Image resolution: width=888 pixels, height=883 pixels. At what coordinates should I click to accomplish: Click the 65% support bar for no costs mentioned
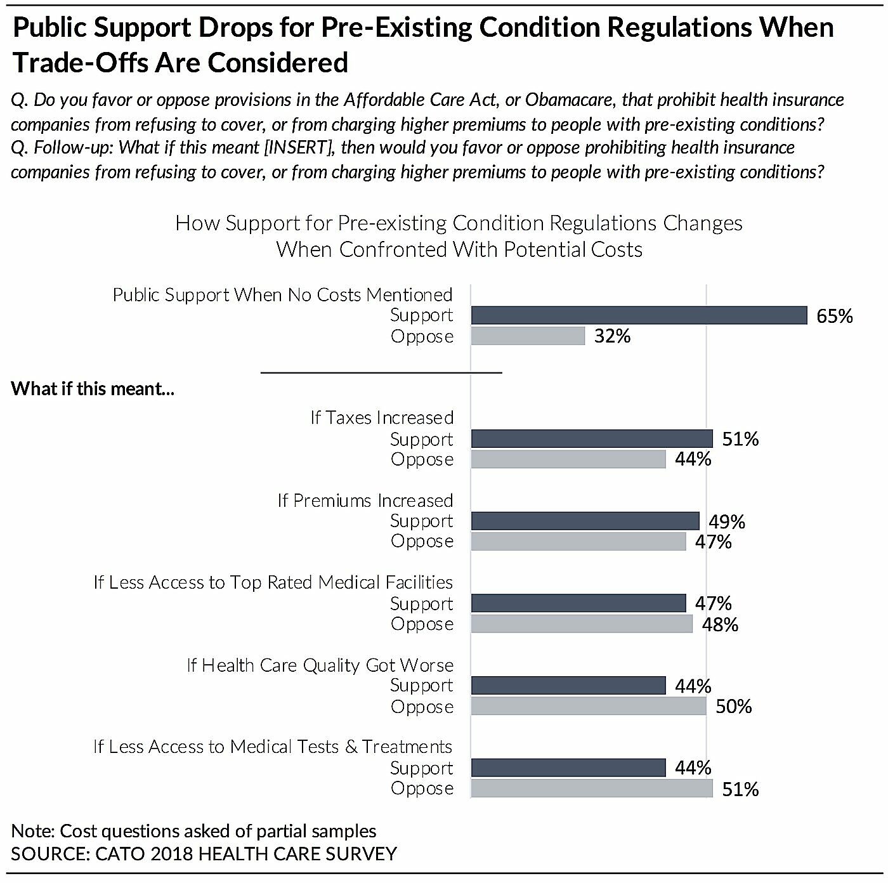(639, 315)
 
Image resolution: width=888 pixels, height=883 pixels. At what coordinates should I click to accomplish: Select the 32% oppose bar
(528, 336)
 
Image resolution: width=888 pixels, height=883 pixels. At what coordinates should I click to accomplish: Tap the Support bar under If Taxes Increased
(592, 439)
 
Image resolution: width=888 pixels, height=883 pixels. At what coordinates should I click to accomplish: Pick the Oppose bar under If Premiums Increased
(578, 542)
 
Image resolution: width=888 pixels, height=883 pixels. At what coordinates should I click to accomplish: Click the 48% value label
(720, 625)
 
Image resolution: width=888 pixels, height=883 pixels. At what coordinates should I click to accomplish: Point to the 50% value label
(733, 707)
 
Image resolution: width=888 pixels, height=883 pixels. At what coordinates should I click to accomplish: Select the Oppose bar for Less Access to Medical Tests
(592, 788)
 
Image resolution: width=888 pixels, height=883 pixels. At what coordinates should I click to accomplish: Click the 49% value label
(727, 521)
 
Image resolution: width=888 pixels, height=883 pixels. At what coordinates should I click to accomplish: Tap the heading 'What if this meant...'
(93, 388)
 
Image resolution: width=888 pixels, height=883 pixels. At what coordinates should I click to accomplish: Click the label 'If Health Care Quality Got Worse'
(320, 665)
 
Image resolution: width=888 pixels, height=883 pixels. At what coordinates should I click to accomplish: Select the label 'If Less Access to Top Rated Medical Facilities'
(273, 582)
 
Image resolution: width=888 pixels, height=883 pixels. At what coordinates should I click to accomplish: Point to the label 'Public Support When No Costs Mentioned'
(282, 295)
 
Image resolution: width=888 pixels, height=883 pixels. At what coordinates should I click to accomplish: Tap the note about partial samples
(193, 831)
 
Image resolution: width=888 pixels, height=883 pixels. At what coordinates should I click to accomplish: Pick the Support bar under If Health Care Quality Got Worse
(568, 686)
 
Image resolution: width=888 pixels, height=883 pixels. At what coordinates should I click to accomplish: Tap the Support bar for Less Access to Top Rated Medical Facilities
(578, 603)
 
